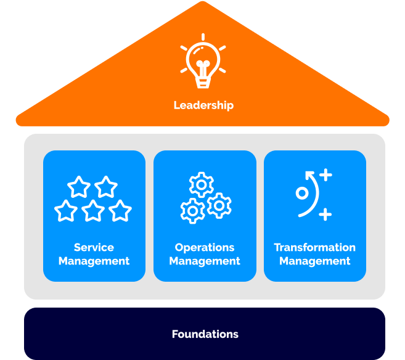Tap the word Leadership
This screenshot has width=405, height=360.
(x=203, y=105)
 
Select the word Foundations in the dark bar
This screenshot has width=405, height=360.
(x=205, y=334)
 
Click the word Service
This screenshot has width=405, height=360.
(x=94, y=247)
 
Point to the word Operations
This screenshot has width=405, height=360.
(x=205, y=247)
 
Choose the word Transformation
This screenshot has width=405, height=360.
(x=314, y=247)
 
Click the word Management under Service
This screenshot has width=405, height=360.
(x=94, y=261)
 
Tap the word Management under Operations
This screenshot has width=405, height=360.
(x=205, y=261)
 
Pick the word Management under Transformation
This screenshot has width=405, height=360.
(x=314, y=261)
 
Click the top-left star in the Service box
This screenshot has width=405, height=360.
(x=79, y=186)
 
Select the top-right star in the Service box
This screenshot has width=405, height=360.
(x=106, y=186)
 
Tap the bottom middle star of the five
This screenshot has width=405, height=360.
(x=93, y=211)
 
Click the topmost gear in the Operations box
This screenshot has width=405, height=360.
(x=201, y=184)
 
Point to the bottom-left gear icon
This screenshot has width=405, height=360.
(x=192, y=211)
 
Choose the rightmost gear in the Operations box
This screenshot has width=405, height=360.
(x=219, y=205)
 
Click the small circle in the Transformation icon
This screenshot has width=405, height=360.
(x=301, y=193)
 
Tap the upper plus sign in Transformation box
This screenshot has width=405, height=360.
(x=325, y=175)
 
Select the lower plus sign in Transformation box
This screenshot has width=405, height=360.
(x=325, y=215)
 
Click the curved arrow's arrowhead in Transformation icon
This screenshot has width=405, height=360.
(x=309, y=174)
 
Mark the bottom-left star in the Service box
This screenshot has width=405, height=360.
(x=66, y=211)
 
